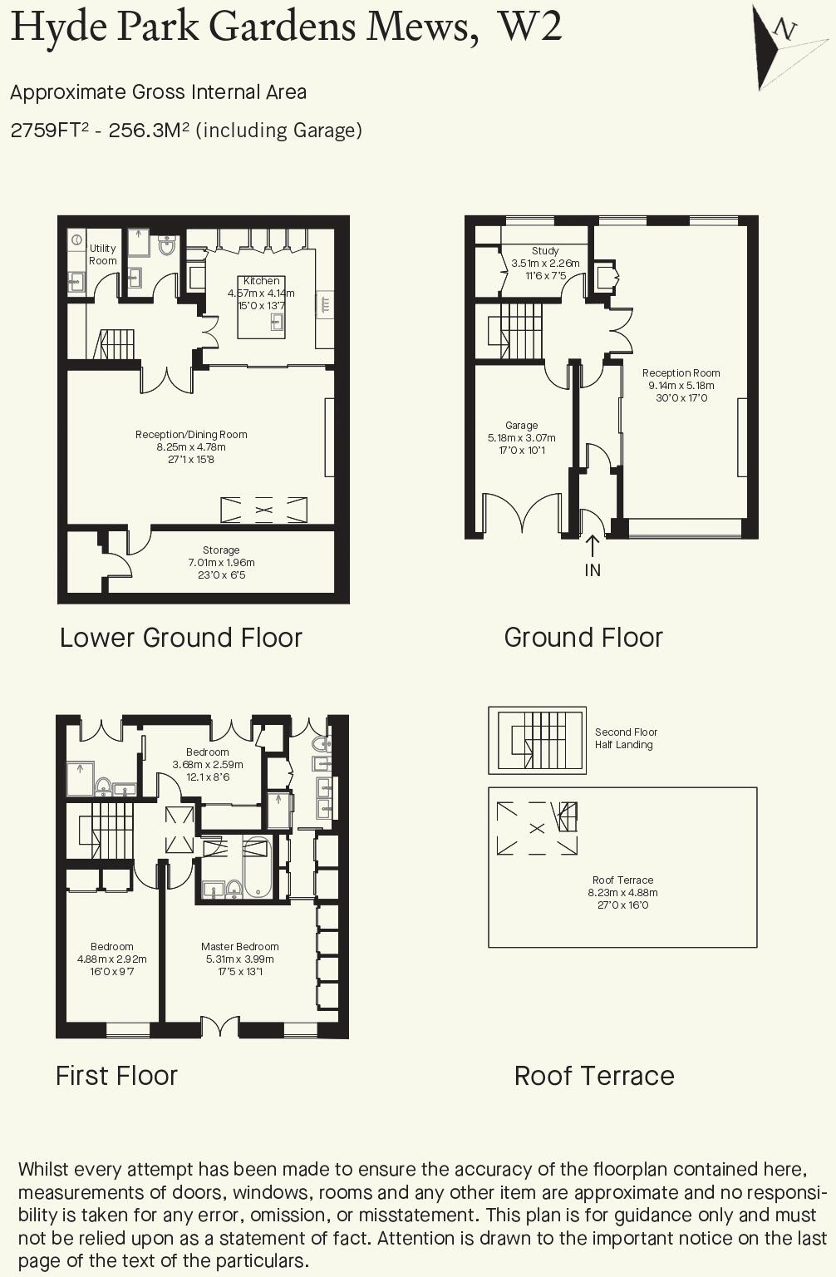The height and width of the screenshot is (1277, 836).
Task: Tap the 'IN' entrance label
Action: coord(593,570)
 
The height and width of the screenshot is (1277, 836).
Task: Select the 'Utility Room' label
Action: coord(103,254)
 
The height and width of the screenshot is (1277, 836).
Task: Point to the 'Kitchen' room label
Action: coord(261,281)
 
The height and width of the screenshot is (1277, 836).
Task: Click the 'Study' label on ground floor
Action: coord(545,251)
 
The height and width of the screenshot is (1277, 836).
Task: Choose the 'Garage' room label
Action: coord(521,426)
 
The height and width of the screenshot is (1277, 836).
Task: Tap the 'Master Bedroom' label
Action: coord(239,947)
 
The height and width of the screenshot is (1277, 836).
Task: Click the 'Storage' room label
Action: coord(221,550)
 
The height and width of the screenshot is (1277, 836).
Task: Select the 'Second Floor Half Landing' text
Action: coord(625,738)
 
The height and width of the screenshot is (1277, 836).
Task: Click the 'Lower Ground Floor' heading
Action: coord(181,638)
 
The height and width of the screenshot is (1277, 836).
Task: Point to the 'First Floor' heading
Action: coord(116,1076)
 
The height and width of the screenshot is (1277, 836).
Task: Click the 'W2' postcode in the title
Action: coord(529,27)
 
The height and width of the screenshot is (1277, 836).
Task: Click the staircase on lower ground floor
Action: coord(116,344)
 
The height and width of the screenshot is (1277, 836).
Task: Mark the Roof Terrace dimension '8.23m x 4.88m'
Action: coord(622,893)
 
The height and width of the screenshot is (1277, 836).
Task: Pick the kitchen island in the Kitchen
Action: coord(261,316)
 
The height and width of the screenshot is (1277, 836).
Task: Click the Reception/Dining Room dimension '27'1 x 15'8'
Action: coord(191,460)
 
